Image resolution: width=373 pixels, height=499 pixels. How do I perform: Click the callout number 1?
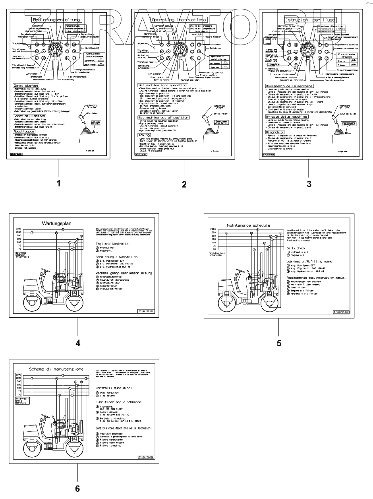point(58,183)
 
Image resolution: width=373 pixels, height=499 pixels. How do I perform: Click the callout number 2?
point(184,184)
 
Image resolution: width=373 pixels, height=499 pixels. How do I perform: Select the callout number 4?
point(78,343)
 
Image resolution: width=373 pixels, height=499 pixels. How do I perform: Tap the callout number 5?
point(279,343)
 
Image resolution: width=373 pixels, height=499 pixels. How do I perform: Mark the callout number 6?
point(77,489)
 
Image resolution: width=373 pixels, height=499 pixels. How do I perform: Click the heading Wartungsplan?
point(57,223)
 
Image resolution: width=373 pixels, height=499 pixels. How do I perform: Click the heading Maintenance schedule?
point(248,225)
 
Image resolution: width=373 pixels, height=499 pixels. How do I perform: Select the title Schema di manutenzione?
point(56,369)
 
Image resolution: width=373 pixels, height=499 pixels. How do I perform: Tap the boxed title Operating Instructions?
point(179,19)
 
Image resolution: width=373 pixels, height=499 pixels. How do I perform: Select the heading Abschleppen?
point(24,131)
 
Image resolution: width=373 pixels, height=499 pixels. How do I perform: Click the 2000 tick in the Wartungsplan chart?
point(18,229)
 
